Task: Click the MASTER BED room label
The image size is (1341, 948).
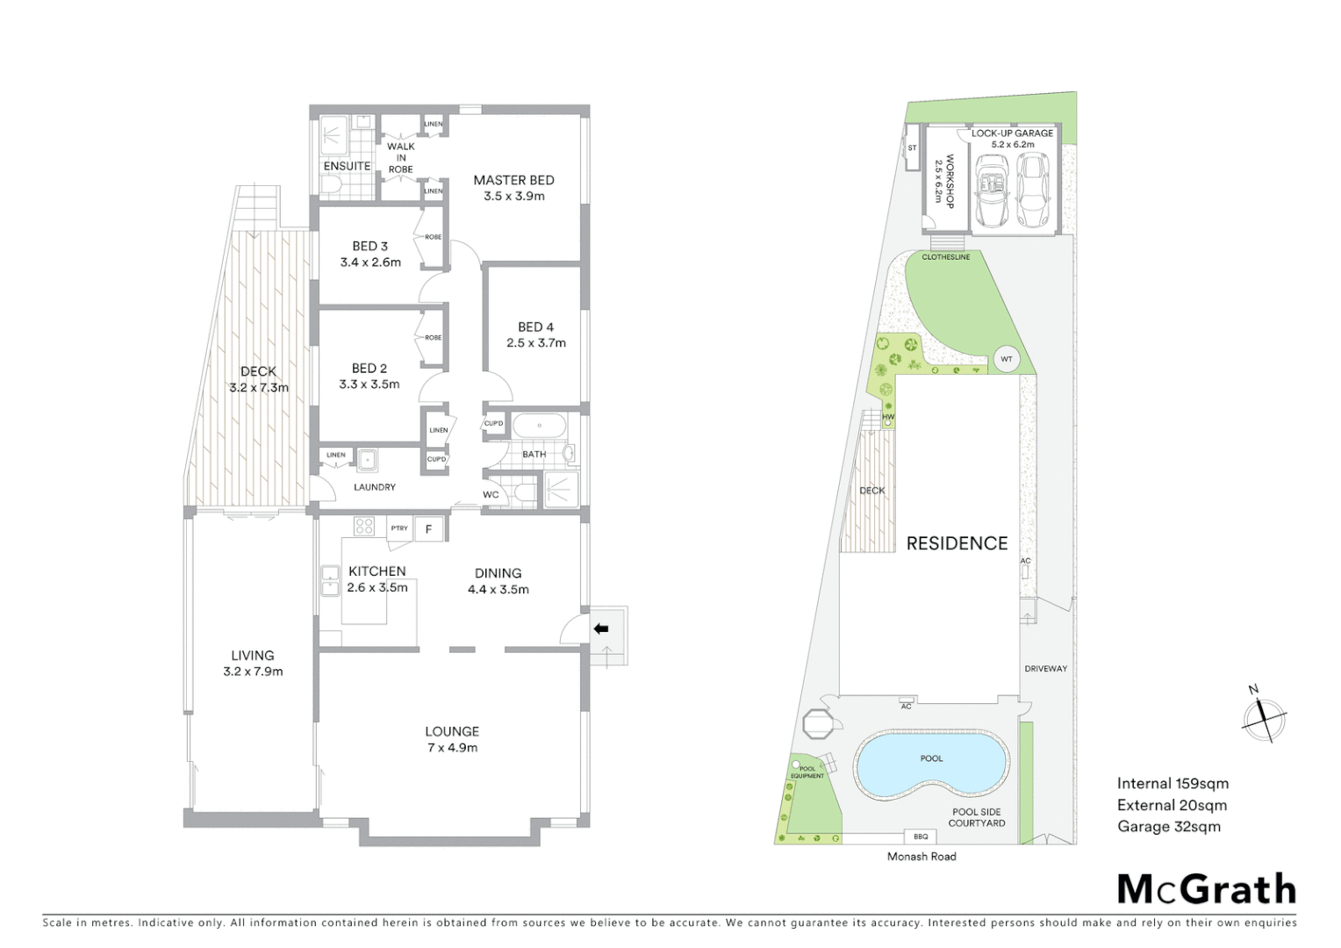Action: [x=513, y=181]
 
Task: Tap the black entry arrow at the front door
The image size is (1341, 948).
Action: [x=601, y=628]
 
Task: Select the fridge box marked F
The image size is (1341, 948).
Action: [x=428, y=529]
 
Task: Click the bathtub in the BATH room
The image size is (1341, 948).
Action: [x=539, y=427]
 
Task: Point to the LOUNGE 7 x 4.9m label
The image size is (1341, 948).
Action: [x=452, y=739]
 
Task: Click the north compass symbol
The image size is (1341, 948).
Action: [x=1264, y=718]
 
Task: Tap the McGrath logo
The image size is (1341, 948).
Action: [x=1206, y=889]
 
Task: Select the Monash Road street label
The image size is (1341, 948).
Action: [x=921, y=857]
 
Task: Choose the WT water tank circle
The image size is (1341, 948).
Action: [x=1007, y=359]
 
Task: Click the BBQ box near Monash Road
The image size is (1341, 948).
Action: [x=920, y=837]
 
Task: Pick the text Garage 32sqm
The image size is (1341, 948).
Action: [x=1168, y=827]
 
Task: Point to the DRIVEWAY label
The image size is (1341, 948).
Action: [x=1045, y=669]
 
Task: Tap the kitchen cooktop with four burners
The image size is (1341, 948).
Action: [x=364, y=526]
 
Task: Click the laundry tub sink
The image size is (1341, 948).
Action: [x=367, y=458]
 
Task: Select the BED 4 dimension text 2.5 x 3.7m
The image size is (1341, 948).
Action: [x=535, y=343]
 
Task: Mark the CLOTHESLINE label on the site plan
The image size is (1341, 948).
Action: [x=945, y=257]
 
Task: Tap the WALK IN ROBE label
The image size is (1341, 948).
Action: [x=400, y=158]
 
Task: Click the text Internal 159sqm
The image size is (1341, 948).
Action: [x=1172, y=784]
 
